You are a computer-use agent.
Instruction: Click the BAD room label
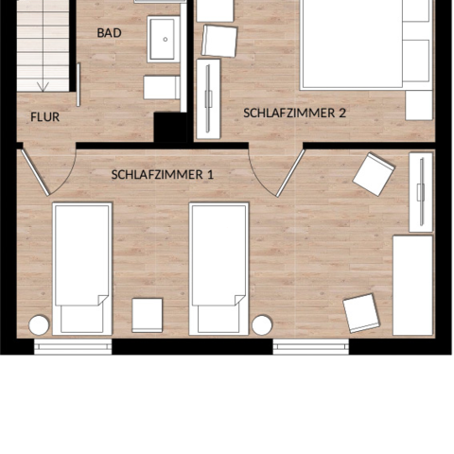click(109, 33)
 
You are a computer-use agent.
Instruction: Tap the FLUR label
click(44, 117)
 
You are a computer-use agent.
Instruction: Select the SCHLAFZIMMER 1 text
click(163, 175)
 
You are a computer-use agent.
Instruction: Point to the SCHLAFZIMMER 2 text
click(294, 113)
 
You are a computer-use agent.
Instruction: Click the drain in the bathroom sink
click(166, 40)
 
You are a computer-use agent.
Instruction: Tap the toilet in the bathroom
click(162, 87)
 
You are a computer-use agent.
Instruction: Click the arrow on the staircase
click(43, 86)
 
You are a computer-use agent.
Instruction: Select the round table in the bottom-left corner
click(39, 325)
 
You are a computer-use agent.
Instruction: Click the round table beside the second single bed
click(262, 325)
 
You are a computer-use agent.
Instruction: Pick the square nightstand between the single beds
click(148, 315)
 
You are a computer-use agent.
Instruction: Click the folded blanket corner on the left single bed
click(103, 300)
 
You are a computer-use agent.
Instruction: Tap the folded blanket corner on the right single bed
click(240, 300)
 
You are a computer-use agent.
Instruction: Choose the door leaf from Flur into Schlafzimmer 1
click(35, 172)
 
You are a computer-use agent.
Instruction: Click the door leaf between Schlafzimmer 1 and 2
click(290, 173)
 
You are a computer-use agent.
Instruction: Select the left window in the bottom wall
click(73, 347)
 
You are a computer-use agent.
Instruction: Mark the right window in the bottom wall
click(311, 347)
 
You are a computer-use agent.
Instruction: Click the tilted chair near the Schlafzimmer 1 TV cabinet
click(374, 174)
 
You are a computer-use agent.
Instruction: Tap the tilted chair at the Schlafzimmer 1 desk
click(361, 313)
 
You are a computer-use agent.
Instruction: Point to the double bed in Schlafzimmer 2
click(367, 44)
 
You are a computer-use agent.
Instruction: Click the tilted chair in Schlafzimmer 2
click(219, 41)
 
